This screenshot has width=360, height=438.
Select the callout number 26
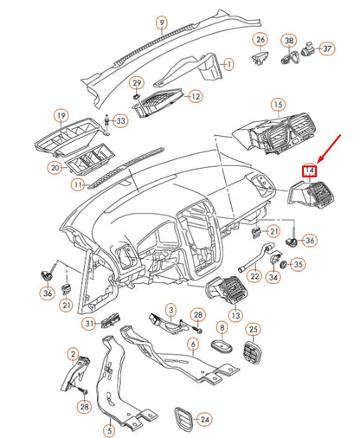pyautogui.click(x=260, y=41)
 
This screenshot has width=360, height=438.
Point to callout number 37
pyautogui.click(x=326, y=48)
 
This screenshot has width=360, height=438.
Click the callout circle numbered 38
pyautogui.click(x=290, y=41)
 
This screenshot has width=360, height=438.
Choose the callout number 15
pyautogui.click(x=277, y=106)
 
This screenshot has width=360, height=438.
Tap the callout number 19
pyautogui.click(x=61, y=115)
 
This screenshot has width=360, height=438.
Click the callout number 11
pyautogui.click(x=78, y=184)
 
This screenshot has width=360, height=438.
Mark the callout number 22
pyautogui.click(x=254, y=276)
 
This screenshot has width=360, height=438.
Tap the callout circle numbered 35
pyautogui.click(x=297, y=264)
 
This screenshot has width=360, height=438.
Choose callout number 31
pyautogui.click(x=88, y=323)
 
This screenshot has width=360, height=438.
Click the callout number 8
pyautogui.click(x=222, y=328)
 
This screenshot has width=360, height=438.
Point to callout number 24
pyautogui.click(x=204, y=419)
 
